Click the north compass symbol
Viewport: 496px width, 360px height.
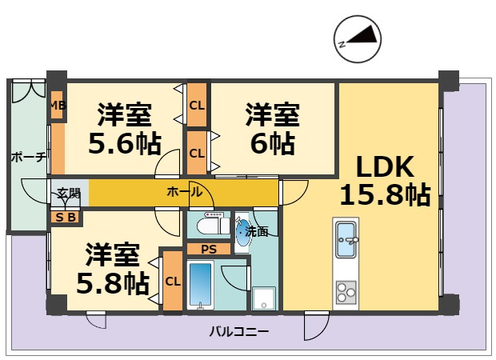click(358, 39)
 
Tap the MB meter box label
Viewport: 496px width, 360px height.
click(58, 106)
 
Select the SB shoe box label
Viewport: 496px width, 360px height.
click(66, 218)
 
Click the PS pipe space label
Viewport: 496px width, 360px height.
click(209, 250)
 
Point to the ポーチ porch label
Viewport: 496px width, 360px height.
click(29, 158)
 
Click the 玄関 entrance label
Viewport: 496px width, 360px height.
click(68, 194)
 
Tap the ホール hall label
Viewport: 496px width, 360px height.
click(185, 192)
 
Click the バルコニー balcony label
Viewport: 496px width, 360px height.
click(239, 332)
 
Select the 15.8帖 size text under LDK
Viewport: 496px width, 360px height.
click(385, 194)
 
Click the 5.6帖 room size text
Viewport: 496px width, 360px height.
click(125, 144)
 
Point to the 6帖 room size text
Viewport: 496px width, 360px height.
click(273, 144)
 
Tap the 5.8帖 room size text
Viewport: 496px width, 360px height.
click(113, 283)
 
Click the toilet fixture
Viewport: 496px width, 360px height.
click(213, 224)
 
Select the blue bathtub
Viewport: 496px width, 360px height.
click(200, 285)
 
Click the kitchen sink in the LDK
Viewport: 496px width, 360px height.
click(346, 240)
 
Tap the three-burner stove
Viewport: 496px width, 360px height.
click(346, 292)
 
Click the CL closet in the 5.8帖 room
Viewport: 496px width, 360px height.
click(173, 281)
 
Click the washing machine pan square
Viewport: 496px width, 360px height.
click(264, 298)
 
